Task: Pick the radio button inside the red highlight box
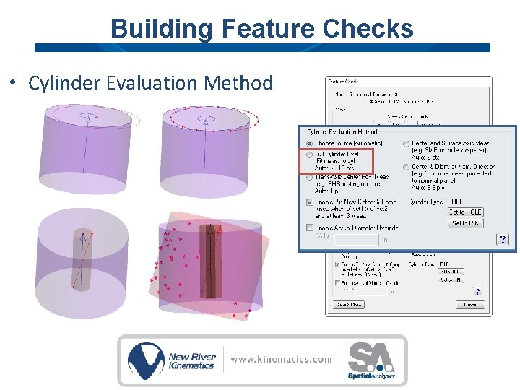pos(311,155)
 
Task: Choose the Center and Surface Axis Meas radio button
pos(407,144)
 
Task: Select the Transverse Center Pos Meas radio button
pos(311,178)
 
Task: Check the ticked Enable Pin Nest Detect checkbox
pos(311,202)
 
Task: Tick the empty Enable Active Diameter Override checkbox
pos(311,227)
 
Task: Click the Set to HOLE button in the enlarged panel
pos(466,212)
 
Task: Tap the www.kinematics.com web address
pos(282,359)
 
